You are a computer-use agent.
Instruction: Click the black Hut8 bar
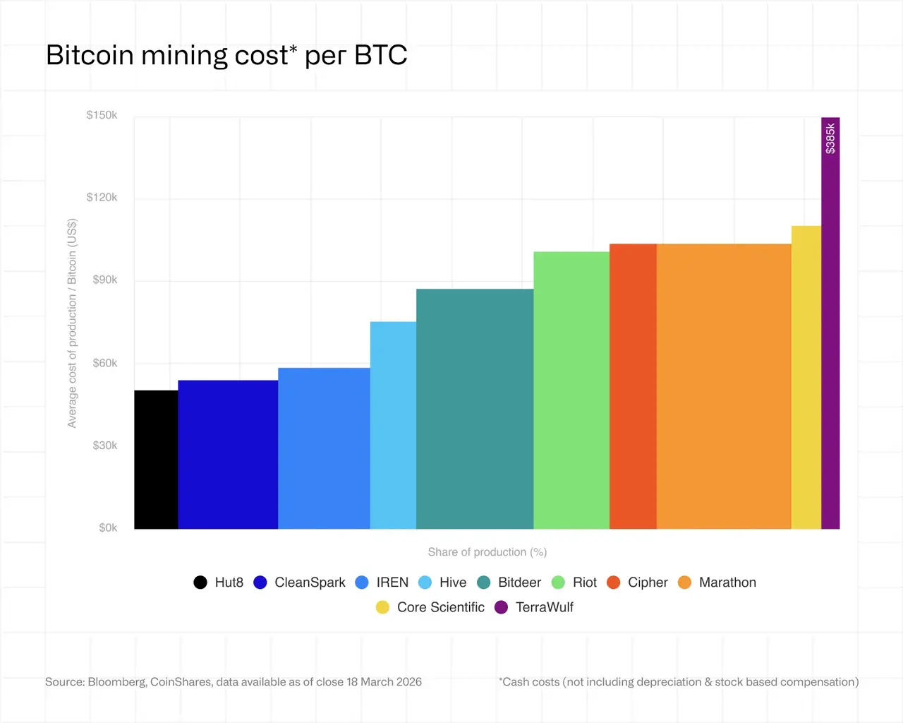(156, 460)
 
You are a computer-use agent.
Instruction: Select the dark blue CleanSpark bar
(228, 455)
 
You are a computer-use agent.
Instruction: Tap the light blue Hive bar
(393, 425)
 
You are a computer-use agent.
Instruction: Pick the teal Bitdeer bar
(475, 409)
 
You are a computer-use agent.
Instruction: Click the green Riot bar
(571, 390)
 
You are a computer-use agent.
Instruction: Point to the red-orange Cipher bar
(634, 386)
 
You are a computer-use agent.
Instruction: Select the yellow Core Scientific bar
(806, 377)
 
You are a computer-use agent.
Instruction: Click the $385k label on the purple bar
(830, 138)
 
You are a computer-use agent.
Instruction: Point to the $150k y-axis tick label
(102, 115)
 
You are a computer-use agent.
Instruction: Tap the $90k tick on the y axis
(105, 280)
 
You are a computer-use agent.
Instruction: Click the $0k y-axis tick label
(108, 527)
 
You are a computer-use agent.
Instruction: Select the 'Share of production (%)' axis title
(487, 552)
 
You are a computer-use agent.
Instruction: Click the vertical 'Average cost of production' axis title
(72, 323)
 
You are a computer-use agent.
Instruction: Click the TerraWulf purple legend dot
(501, 607)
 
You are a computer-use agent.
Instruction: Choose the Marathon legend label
(727, 582)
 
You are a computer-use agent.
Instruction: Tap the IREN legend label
(392, 582)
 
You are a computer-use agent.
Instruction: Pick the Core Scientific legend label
(441, 607)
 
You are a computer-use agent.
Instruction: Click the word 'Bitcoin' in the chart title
(90, 55)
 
